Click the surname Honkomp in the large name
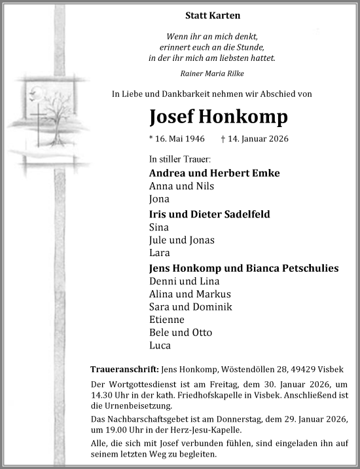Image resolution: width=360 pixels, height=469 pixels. pyautogui.click(x=245, y=117)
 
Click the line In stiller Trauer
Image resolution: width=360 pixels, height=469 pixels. pyautogui.click(x=180, y=159)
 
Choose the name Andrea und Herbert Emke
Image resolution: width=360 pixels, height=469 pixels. pyautogui.click(x=214, y=173)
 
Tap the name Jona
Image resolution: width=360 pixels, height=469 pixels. pyautogui.click(x=159, y=199)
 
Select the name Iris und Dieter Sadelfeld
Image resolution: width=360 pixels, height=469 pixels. pyautogui.click(x=209, y=214)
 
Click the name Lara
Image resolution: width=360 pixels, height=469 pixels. pyautogui.click(x=159, y=252)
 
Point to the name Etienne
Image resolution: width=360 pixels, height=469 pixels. pyautogui.click(x=167, y=320)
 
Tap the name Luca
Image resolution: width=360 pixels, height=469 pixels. pyautogui.click(x=160, y=346)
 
